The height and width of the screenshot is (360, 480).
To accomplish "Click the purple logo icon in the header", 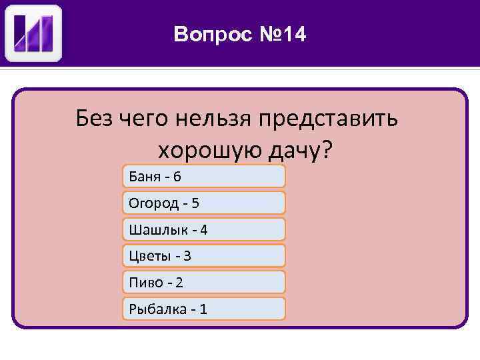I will coord(33,33).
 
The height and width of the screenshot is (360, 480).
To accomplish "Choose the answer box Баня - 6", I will coord(204,176).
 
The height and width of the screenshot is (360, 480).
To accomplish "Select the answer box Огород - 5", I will coord(204,203).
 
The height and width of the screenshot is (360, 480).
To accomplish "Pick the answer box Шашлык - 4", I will coord(204,229).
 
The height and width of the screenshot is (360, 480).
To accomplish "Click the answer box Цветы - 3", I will coord(204,255).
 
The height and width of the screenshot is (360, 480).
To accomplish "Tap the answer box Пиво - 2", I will coord(204,282).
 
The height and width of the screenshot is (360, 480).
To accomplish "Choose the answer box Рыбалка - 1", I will coord(204,309).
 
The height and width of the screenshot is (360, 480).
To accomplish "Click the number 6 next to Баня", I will coord(177,176).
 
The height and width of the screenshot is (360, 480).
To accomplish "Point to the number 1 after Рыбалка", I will coord(203,309).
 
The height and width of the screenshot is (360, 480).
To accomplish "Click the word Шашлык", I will coord(151,229).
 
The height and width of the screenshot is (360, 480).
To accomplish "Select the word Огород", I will coord(151,203).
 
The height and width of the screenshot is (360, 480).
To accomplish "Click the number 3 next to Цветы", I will coord(187,255).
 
